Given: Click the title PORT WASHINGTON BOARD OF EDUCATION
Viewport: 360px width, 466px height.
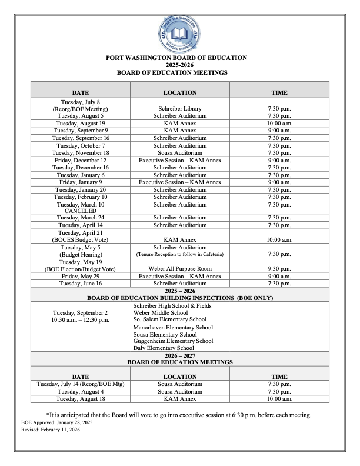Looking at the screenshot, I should pos(180,58).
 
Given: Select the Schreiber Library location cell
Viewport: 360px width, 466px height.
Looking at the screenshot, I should pos(180,109).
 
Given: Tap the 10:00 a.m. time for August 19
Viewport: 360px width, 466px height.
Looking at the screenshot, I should pos(279,123).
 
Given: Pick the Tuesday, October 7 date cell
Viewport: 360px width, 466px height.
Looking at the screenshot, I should pos(81,145).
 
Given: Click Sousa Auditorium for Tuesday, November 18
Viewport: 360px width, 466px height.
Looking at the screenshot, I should pos(180,152).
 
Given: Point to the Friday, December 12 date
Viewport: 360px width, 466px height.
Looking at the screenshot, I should pos(81,160).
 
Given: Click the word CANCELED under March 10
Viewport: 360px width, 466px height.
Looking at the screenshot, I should pos(81,211).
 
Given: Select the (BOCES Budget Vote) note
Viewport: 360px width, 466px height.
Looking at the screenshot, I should pos(81,240).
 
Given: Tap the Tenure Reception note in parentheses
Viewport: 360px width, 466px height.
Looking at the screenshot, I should pos(180,254).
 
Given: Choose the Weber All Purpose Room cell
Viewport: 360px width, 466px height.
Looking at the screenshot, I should pos(180,269).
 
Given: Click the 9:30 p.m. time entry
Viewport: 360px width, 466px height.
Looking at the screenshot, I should pos(279,269).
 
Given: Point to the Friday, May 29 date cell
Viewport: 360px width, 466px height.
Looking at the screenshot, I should pos(81,276).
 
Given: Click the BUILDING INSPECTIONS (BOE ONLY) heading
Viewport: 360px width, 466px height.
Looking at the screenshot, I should pos(180,298).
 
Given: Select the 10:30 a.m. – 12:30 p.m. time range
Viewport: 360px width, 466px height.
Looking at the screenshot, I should pos(81,320).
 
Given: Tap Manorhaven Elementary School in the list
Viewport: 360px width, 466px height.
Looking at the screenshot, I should pos(173,327).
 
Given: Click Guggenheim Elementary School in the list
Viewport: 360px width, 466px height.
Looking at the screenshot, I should pos(173,341).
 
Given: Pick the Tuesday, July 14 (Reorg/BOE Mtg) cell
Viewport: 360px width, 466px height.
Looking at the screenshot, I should pos(81,384).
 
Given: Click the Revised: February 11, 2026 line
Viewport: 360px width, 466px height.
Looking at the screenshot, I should pos(50,430).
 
